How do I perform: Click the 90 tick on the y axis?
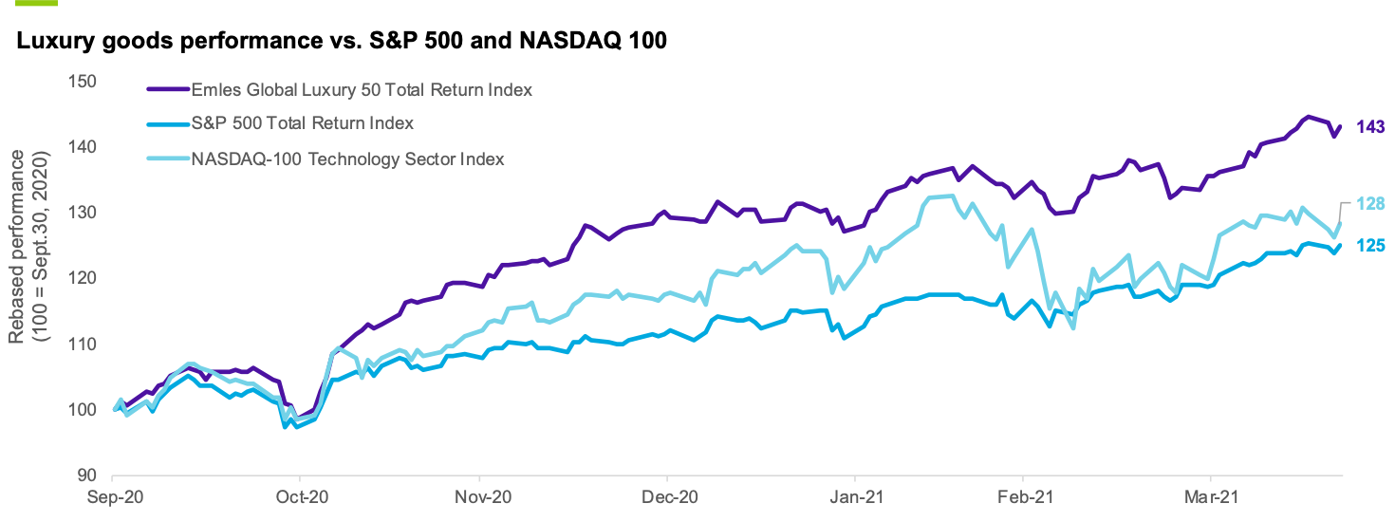coord(88,475)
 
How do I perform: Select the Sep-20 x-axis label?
coord(113,496)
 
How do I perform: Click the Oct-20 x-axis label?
coord(300,496)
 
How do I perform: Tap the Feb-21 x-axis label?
coord(1023,496)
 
